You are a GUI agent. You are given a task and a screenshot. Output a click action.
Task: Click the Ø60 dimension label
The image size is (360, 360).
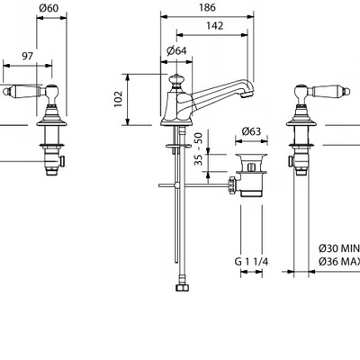click(x=49, y=8)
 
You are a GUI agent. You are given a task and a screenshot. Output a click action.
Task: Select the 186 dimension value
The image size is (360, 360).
click(x=207, y=7)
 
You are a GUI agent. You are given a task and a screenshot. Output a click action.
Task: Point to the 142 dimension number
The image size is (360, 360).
click(x=215, y=26)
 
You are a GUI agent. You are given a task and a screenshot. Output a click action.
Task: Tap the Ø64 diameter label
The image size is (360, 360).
click(x=176, y=51)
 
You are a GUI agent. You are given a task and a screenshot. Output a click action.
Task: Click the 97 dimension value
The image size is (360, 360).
click(x=27, y=56)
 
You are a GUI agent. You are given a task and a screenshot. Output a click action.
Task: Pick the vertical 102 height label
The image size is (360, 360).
click(x=119, y=99)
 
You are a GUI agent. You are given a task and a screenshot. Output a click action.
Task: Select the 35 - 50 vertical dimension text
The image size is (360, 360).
click(x=199, y=149)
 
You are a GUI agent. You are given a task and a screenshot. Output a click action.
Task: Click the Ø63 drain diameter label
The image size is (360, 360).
click(x=251, y=131)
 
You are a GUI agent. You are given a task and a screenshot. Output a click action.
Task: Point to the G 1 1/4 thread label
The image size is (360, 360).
click(x=251, y=262)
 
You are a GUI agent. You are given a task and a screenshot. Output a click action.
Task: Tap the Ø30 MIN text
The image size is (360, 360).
click(x=339, y=248)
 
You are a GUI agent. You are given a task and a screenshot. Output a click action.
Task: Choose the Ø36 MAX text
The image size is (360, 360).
click(x=339, y=262)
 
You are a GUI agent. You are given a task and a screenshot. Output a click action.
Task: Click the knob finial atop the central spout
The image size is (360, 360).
click(x=175, y=81)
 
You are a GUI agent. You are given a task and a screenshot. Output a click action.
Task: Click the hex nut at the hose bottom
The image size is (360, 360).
click(x=182, y=288)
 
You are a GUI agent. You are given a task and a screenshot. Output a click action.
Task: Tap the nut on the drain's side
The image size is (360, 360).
click(x=232, y=185)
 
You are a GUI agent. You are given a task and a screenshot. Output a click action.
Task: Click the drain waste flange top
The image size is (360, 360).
click(x=251, y=156)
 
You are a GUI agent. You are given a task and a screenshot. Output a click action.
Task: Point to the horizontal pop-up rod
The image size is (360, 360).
click(x=193, y=185)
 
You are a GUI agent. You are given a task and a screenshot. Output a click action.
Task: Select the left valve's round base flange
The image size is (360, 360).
click(x=51, y=123)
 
